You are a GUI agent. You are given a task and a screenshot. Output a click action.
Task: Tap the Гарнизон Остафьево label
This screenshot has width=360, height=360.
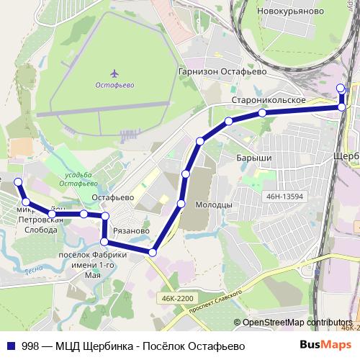coord(222,72)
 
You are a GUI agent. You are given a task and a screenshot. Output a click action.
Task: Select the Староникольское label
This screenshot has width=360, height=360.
coord(270,99)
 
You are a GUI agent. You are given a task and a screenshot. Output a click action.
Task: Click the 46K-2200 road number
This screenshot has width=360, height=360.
coord(176,298)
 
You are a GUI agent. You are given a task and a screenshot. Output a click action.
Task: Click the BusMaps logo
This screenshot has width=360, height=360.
coord(330,346)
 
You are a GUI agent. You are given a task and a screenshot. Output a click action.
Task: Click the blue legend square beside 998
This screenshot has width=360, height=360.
coord(12,346)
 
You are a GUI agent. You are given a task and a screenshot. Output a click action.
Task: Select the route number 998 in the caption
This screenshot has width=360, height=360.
coord(30,346)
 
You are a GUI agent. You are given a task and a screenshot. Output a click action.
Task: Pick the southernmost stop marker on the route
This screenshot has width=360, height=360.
coord(152,252)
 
